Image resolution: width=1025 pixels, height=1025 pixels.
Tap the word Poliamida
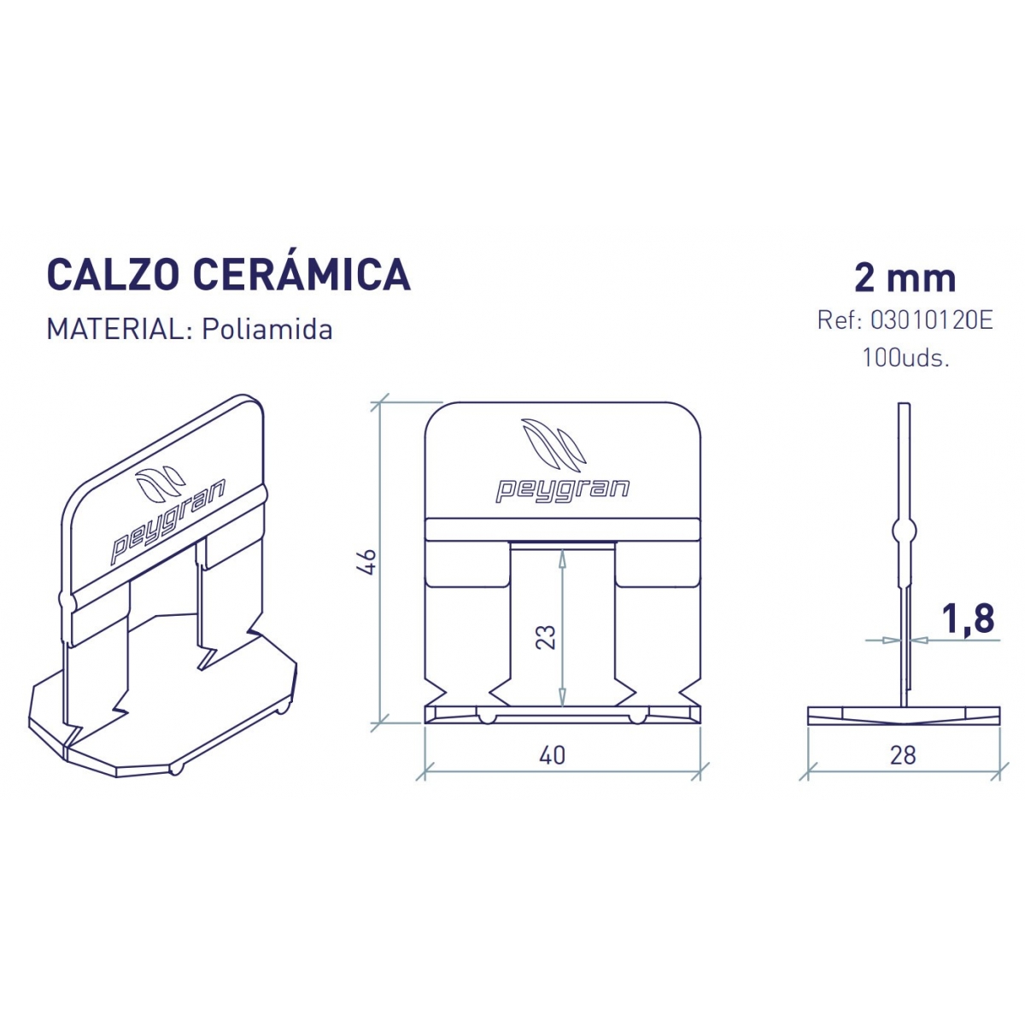pyautogui.click(x=266, y=330)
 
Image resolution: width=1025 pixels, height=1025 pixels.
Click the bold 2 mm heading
pyautogui.click(x=905, y=278)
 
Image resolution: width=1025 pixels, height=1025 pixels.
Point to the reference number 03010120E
pyautogui.click(x=931, y=321)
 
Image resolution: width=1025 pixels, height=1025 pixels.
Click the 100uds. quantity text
pyautogui.click(x=905, y=357)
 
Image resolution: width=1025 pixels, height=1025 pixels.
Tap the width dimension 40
pyautogui.click(x=553, y=755)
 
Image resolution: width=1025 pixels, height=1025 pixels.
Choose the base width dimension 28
pyautogui.click(x=903, y=755)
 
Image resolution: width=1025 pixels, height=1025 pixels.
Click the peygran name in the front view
pyautogui.click(x=562, y=489)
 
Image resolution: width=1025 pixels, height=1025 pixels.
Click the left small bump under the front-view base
pyautogui.click(x=485, y=717)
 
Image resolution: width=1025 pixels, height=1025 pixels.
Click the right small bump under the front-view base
pyautogui.click(x=637, y=717)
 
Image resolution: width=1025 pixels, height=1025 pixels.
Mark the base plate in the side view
pyautogui.click(x=903, y=715)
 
